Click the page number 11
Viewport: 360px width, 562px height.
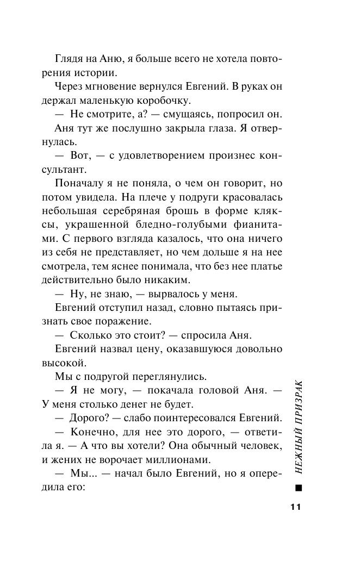tap(295, 507)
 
